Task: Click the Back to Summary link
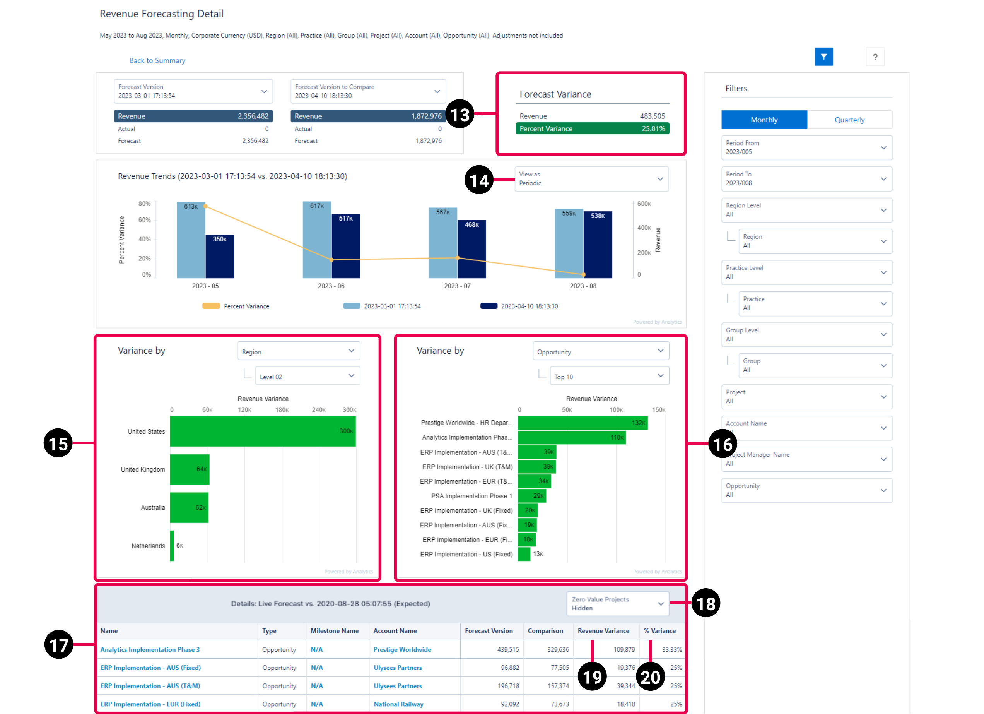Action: click(x=157, y=60)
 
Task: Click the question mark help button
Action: click(x=875, y=57)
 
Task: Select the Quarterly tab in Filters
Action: click(x=849, y=120)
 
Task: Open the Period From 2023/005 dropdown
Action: click(x=806, y=147)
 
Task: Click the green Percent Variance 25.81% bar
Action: click(x=592, y=128)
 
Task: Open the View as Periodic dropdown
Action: click(x=591, y=179)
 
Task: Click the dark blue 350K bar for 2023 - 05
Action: click(x=220, y=258)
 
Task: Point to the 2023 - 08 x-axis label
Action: click(x=583, y=286)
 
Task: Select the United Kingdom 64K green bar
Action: click(x=190, y=469)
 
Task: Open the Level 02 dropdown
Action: click(x=307, y=376)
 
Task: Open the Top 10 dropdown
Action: click(x=609, y=376)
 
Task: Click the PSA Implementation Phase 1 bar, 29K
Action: click(x=531, y=496)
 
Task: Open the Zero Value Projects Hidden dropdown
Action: click(x=617, y=603)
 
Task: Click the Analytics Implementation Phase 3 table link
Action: click(x=150, y=650)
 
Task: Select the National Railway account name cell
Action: click(x=398, y=704)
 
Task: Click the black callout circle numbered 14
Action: click(x=478, y=180)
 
